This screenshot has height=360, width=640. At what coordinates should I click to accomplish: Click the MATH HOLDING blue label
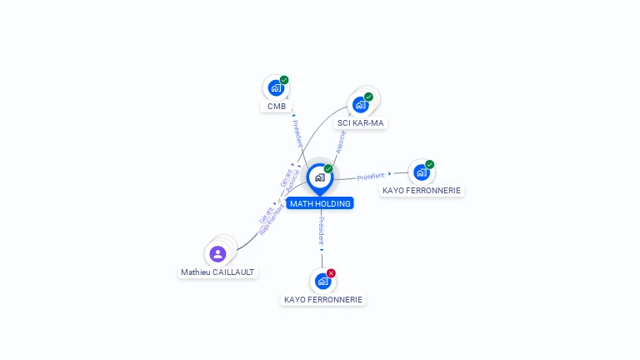pyautogui.click(x=320, y=203)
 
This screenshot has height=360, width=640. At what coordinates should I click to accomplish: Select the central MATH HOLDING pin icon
pyautogui.click(x=319, y=177)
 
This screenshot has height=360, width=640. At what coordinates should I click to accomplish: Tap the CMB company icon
pyautogui.click(x=275, y=87)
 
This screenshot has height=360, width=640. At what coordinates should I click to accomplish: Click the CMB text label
pyautogui.click(x=277, y=107)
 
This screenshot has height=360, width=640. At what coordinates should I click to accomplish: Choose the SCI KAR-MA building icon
pyautogui.click(x=360, y=104)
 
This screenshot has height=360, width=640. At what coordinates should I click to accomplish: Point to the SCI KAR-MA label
pyautogui.click(x=361, y=123)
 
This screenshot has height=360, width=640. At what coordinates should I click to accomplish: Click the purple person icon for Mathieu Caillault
pyautogui.click(x=218, y=253)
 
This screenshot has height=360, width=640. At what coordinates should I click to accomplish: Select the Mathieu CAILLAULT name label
pyautogui.click(x=218, y=272)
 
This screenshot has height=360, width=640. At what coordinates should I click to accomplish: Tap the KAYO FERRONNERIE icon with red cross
pyautogui.click(x=322, y=281)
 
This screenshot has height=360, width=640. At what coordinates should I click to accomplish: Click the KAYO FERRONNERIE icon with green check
pyautogui.click(x=421, y=172)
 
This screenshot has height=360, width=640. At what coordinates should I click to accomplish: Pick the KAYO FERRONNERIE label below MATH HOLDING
pyautogui.click(x=323, y=299)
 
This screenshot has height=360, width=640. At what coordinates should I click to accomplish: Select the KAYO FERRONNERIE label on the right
pyautogui.click(x=422, y=191)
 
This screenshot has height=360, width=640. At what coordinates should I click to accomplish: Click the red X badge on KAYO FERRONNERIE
pyautogui.click(x=331, y=273)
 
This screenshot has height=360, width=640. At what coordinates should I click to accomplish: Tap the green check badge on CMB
pyautogui.click(x=284, y=80)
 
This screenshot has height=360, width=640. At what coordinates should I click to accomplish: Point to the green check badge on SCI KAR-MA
pyautogui.click(x=368, y=97)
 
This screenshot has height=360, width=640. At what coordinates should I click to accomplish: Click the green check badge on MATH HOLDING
pyautogui.click(x=328, y=169)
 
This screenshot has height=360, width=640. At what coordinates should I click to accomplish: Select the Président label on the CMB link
pyautogui.click(x=297, y=133)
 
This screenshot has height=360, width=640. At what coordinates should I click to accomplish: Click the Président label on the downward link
pyautogui.click(x=322, y=230)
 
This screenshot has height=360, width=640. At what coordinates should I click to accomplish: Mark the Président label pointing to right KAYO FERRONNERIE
pyautogui.click(x=371, y=176)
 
